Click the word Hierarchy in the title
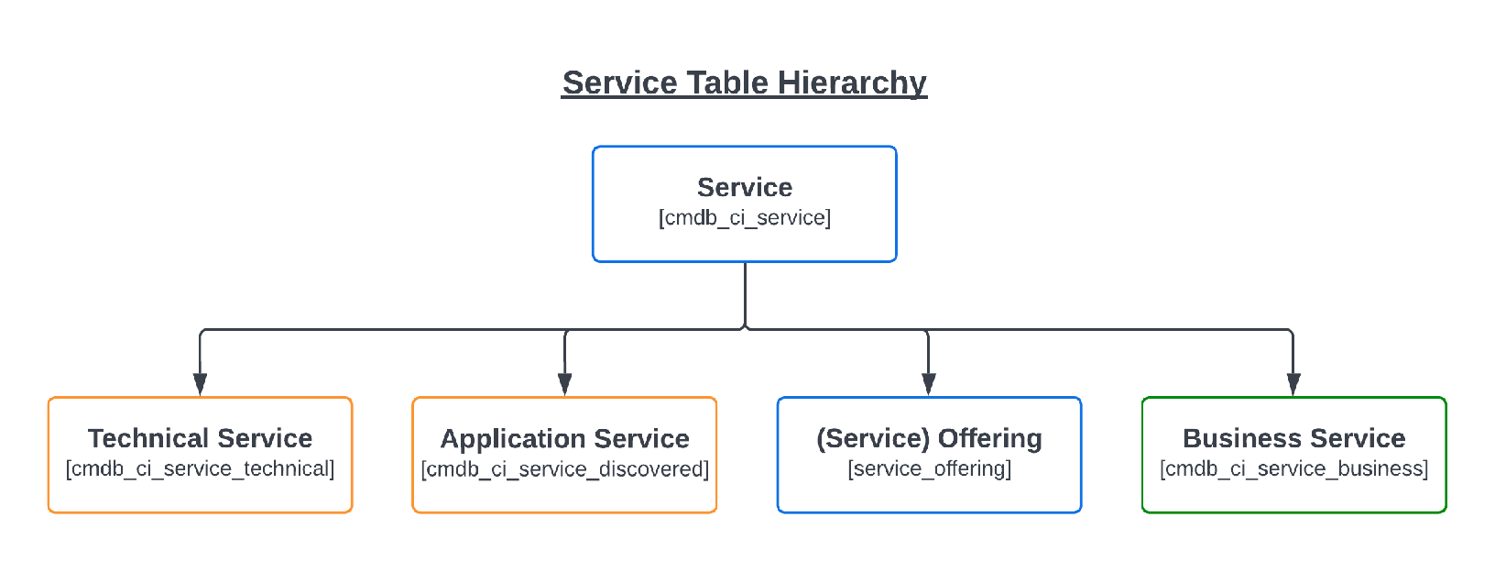[852, 83]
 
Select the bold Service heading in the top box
[745, 187]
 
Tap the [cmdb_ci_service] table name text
[745, 218]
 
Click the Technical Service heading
[200, 438]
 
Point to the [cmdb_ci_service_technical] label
[200, 469]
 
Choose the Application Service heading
[564, 439]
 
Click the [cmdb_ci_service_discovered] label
[564, 469]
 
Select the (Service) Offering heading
[929, 438]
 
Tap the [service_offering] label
[929, 469]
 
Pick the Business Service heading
[1293, 438]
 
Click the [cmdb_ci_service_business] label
[1293, 469]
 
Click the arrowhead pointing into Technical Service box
[200, 384]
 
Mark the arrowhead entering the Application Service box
[564, 384]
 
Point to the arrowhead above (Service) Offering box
[928, 384]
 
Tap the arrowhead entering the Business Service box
[1293, 384]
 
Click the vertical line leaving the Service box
[745, 293]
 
